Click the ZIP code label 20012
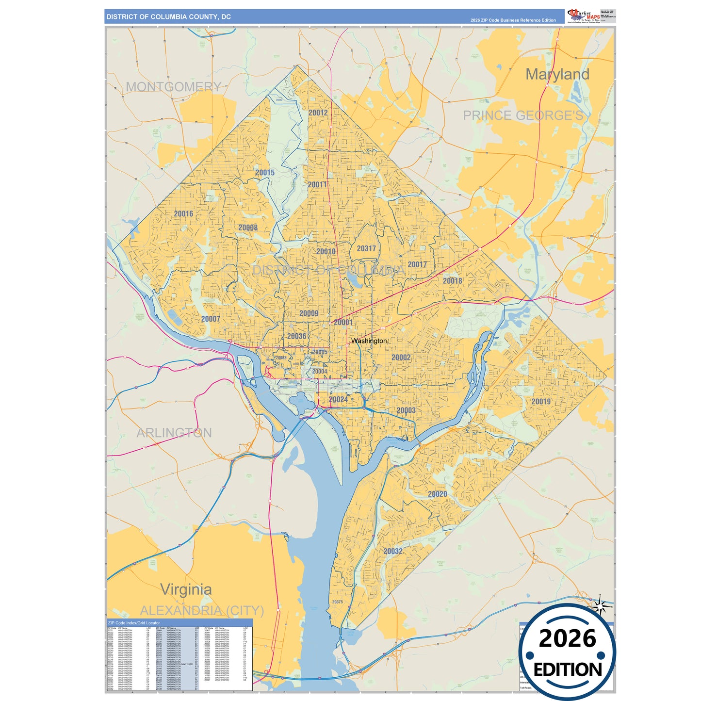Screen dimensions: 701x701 (318, 113)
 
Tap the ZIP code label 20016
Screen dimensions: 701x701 (183, 213)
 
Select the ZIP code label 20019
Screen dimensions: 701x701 (541, 401)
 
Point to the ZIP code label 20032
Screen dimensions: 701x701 (393, 551)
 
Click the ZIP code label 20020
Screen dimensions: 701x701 (437, 494)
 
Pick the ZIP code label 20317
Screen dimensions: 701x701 (366, 248)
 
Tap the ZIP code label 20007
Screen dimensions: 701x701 (211, 319)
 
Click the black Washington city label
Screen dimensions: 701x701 (369, 341)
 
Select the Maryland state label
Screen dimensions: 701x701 (557, 74)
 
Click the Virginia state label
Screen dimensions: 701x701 (186, 589)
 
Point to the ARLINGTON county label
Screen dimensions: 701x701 (174, 433)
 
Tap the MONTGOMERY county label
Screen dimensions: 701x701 (173, 87)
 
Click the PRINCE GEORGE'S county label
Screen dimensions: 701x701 (523, 115)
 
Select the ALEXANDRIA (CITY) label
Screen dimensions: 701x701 (202, 610)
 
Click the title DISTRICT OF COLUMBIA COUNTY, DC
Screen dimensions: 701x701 (168, 16)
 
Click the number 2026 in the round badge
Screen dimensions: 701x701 (567, 638)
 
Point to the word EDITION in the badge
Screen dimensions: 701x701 (568, 670)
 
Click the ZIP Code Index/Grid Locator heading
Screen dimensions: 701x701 (134, 622)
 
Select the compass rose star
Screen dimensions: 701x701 (600, 606)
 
